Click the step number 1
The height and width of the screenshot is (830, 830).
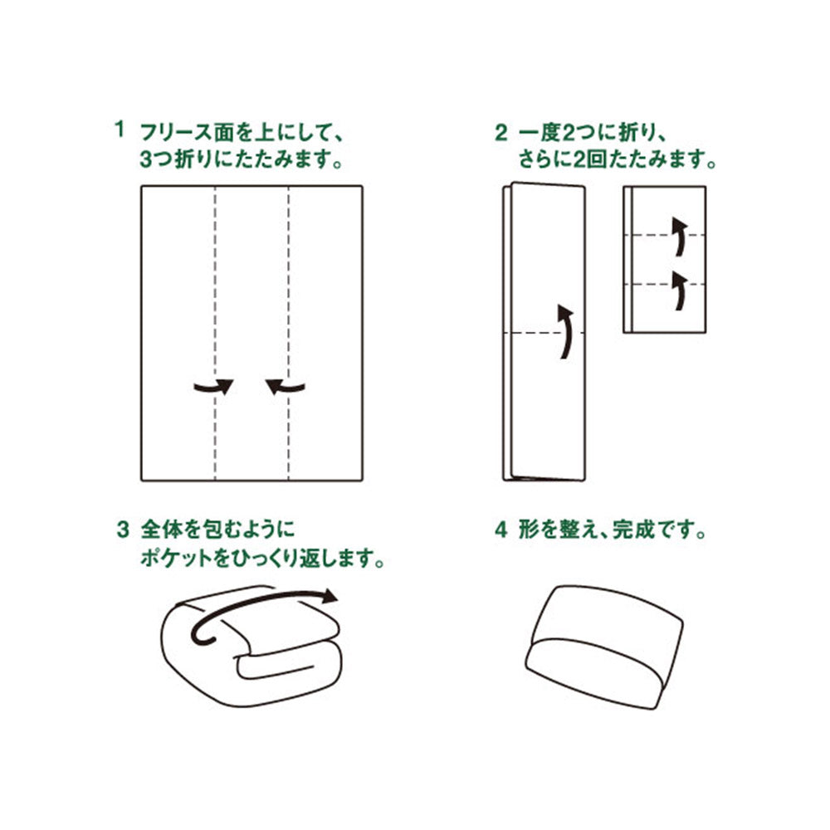[120, 129]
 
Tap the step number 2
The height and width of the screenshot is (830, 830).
[500, 132]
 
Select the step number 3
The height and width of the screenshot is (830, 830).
[122, 530]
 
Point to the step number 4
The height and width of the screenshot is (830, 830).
[500, 530]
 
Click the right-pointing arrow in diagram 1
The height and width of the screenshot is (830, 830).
[213, 387]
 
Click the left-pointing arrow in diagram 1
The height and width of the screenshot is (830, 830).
[286, 387]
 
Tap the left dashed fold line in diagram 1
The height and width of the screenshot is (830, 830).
[215, 333]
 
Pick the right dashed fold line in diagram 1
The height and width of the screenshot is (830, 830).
[289, 333]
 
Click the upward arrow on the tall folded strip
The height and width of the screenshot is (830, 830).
[566, 331]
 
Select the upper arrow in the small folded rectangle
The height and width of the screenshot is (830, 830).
[680, 236]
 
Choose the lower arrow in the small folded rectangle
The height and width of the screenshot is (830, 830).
[680, 290]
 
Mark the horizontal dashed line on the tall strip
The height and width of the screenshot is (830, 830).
[544, 333]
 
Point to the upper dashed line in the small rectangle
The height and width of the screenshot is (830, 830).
[664, 235]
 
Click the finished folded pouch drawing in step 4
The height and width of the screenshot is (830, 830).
[604, 647]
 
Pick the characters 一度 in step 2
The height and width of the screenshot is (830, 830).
[539, 132]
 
